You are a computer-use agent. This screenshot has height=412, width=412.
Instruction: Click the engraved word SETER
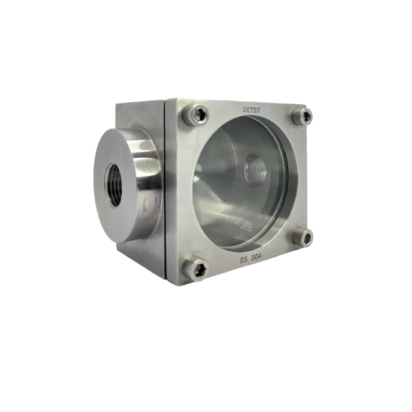251,111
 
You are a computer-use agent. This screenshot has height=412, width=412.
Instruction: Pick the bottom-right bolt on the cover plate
303,237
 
